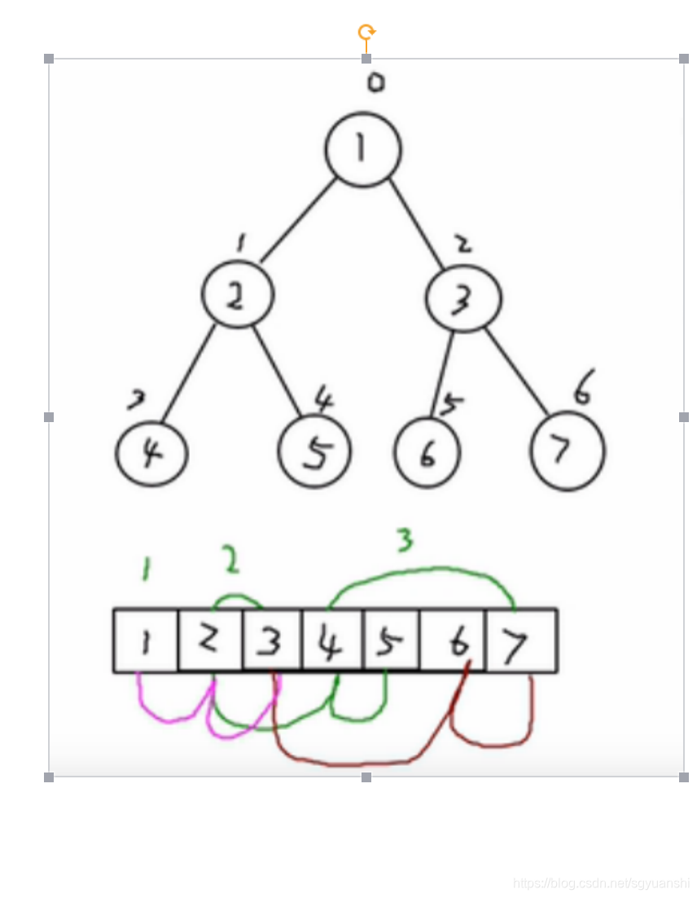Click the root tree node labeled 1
pyautogui.click(x=363, y=150)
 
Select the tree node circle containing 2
pyautogui.click(x=237, y=297)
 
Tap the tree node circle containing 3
pyautogui.click(x=462, y=299)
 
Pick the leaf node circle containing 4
pyautogui.click(x=151, y=454)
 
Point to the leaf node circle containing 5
pyautogui.click(x=314, y=453)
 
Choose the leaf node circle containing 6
pyautogui.click(x=427, y=453)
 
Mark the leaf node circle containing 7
pyautogui.click(x=567, y=451)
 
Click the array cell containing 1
pyautogui.click(x=146, y=641)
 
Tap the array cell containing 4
pyautogui.click(x=332, y=641)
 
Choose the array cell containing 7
pyautogui.click(x=521, y=641)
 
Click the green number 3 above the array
pyautogui.click(x=404, y=539)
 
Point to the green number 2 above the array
pyautogui.click(x=231, y=560)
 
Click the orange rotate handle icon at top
pyautogui.click(x=366, y=33)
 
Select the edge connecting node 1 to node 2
pyautogui.click(x=297, y=220)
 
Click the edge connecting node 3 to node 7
pyautogui.click(x=519, y=371)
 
